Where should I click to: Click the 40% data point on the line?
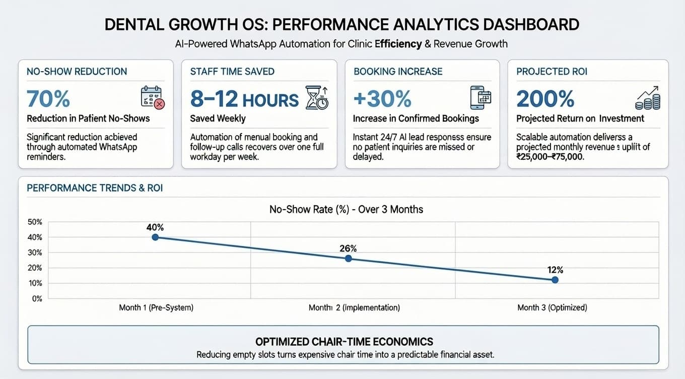(155, 237)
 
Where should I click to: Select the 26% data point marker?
(348, 259)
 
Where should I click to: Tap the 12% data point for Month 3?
(555, 280)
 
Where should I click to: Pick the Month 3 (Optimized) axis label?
(552, 307)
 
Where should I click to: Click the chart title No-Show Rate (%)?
(346, 209)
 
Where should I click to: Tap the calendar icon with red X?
(153, 97)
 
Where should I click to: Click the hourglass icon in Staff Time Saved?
(317, 97)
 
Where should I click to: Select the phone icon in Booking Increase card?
(480, 97)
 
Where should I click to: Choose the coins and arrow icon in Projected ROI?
(648, 97)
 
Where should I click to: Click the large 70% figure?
(48, 99)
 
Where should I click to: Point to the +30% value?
(382, 99)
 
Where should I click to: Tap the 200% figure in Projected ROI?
(545, 99)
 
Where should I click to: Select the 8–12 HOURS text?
(244, 99)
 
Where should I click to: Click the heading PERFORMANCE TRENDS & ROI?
(94, 188)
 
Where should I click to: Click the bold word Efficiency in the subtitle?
(398, 44)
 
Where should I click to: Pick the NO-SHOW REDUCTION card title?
(77, 71)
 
